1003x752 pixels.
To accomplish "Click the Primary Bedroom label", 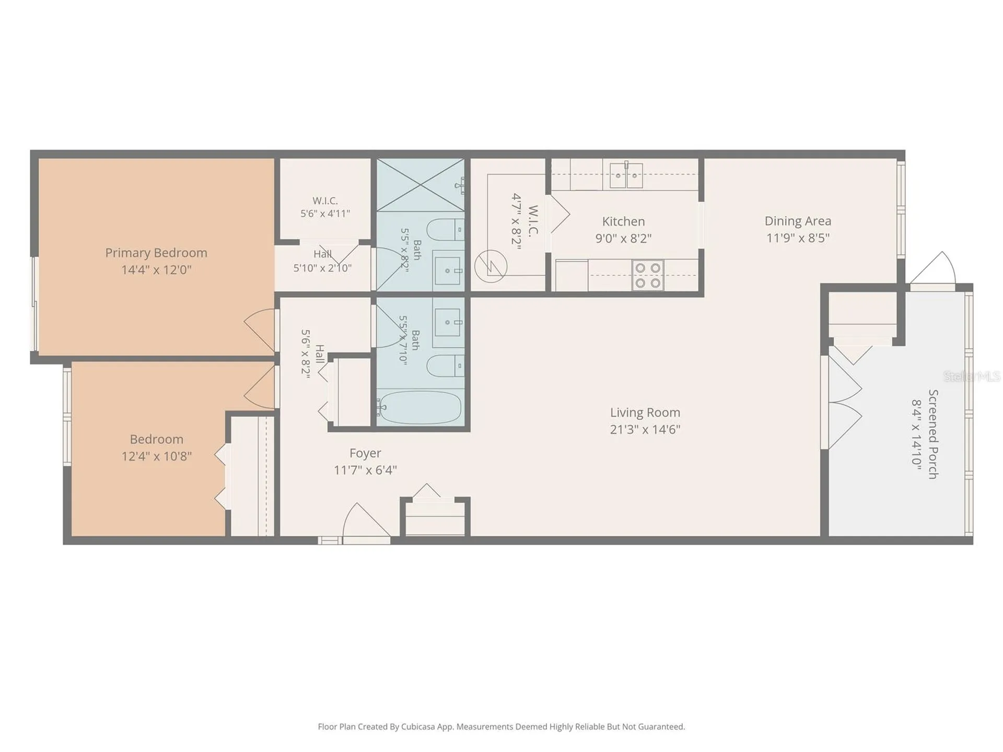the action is [x=156, y=253].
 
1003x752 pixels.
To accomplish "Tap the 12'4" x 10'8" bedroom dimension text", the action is [x=156, y=456].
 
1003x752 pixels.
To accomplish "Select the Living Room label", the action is [x=645, y=413].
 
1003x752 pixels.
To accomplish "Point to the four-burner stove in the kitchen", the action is [x=648, y=275].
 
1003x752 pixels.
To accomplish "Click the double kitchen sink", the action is [x=626, y=174].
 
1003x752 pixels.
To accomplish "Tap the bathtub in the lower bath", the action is [x=421, y=408].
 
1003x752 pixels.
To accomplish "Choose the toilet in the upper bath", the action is [x=446, y=229].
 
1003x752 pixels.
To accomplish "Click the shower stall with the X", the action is [x=421, y=184].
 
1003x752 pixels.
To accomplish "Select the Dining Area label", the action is [x=798, y=221].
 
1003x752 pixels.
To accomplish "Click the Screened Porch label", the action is [x=933, y=434].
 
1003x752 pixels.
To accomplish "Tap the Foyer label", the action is [x=365, y=453].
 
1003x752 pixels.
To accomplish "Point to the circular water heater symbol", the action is [x=491, y=266].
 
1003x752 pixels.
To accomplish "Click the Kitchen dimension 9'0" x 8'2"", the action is [x=623, y=238].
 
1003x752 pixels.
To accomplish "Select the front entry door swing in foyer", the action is [x=366, y=520].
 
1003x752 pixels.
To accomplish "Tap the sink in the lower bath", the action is [x=448, y=322].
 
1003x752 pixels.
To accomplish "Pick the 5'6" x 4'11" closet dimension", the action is [x=325, y=214].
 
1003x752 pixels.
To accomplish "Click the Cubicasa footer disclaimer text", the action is [x=501, y=726].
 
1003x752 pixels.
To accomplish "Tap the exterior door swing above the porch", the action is [x=933, y=268].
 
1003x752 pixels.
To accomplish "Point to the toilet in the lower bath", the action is [x=446, y=366].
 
